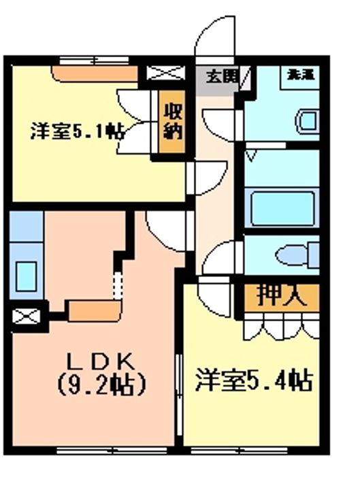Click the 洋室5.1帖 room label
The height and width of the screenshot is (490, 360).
(76, 131)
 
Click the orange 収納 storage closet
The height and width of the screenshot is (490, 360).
(171, 122)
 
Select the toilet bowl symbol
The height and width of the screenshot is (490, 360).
(296, 255)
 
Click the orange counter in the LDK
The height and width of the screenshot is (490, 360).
(93, 310)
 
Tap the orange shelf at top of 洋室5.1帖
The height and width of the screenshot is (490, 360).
(96, 72)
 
